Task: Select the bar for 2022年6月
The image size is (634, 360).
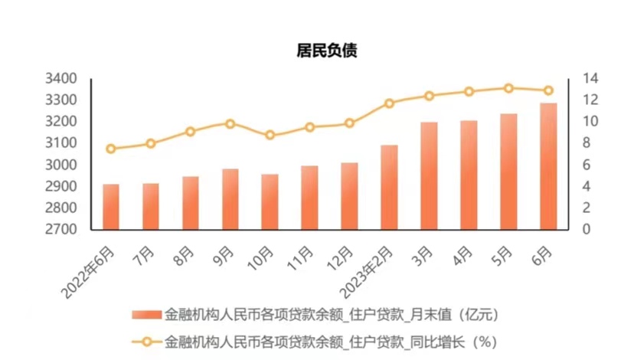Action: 111,207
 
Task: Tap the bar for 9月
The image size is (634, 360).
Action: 230,199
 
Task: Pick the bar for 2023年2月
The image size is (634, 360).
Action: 389,187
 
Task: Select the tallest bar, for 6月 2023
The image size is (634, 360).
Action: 548,166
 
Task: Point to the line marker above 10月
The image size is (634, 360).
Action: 270,135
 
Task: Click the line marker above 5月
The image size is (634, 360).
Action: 508,88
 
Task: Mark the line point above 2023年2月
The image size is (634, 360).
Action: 389,103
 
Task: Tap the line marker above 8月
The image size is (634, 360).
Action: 191,132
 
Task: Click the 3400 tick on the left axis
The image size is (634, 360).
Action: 61,79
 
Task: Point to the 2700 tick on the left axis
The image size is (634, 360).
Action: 61,229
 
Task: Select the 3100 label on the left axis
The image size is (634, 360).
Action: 61,143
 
